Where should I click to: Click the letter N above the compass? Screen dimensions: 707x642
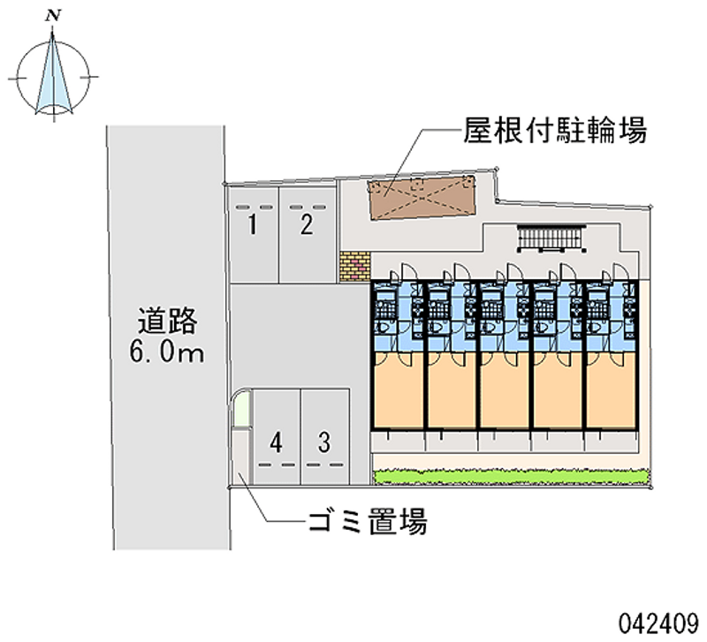55,15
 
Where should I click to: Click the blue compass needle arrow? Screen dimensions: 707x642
55,74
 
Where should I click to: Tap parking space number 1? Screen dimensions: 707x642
253,226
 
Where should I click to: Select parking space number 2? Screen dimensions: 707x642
307,224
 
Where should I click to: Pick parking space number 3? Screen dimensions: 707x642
324,441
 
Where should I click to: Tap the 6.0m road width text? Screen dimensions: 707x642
167,353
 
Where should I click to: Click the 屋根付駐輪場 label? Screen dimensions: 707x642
555,132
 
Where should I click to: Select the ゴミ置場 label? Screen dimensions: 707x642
368,522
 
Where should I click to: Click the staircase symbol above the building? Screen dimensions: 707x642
551,238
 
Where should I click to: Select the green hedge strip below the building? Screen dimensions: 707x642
513,477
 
